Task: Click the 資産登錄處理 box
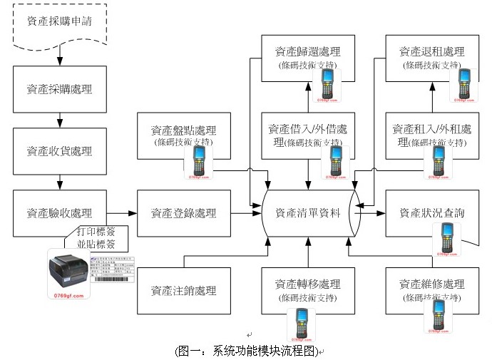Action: click(x=183, y=212)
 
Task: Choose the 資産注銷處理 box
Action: click(x=183, y=290)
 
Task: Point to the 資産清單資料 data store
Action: click(x=307, y=212)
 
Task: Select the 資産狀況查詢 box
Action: click(x=432, y=212)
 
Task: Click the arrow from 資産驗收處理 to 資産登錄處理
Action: click(x=121, y=212)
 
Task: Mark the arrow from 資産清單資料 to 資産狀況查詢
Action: click(x=372, y=212)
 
